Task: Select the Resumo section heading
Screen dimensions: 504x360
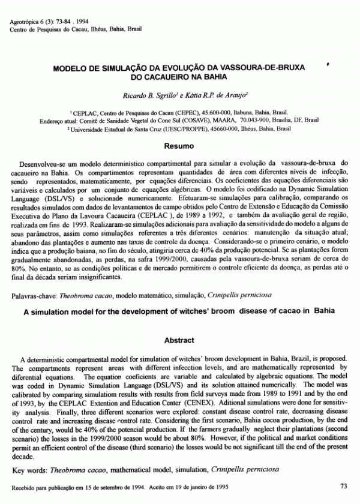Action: coord(179,145)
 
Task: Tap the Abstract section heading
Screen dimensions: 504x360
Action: coord(179,340)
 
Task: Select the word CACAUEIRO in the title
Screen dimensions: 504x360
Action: coord(163,78)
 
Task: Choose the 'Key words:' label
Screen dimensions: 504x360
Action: coord(29,466)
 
